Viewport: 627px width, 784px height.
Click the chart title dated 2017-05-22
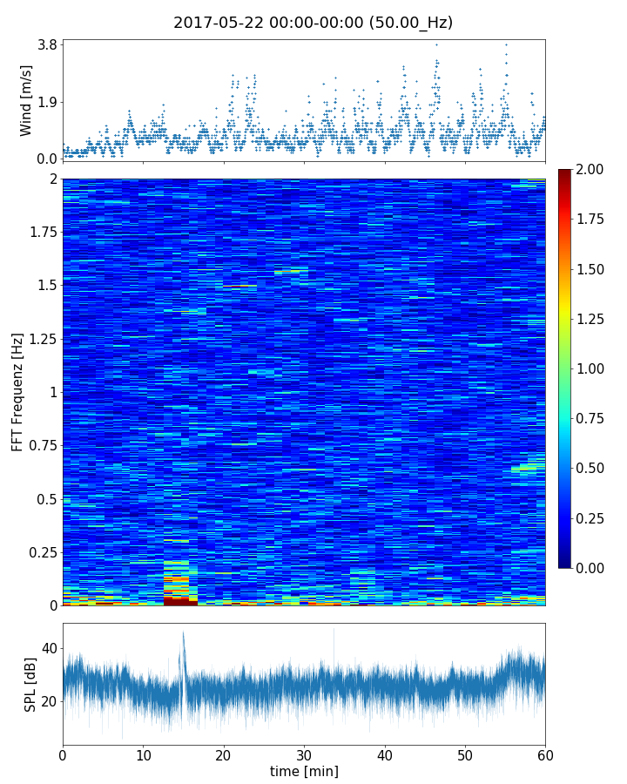point(313,23)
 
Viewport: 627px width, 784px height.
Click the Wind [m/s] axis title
point(26,100)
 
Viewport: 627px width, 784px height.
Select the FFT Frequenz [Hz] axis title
point(17,391)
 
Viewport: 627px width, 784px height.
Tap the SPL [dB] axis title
point(30,684)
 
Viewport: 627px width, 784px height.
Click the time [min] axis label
point(304,771)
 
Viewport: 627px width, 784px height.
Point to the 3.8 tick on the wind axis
point(45,44)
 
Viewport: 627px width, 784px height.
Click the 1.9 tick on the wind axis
point(45,102)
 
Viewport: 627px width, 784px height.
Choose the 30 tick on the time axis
point(304,754)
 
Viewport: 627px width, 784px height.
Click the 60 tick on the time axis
point(545,754)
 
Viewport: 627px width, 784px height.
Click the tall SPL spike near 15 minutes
point(183,636)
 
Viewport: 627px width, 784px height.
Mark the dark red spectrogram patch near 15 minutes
point(180,601)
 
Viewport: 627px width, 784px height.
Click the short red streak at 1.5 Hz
point(235,286)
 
